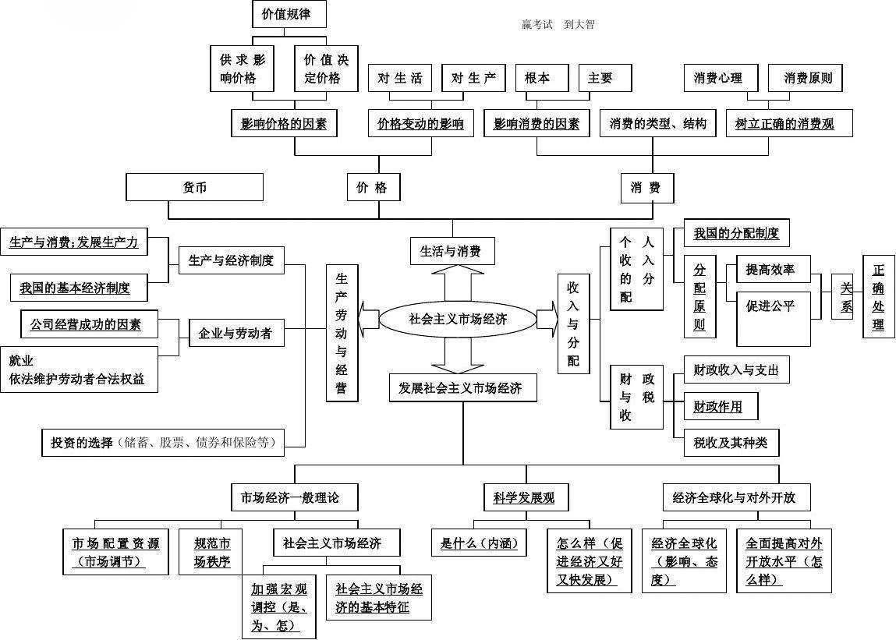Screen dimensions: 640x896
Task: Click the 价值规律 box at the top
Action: point(289,14)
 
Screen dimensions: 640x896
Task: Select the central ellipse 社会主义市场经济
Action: point(458,319)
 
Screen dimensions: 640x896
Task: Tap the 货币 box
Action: point(195,187)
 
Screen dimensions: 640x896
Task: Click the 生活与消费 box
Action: point(452,251)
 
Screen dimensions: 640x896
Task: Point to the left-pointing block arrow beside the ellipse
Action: point(368,319)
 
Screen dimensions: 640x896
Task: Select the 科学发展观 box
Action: point(524,497)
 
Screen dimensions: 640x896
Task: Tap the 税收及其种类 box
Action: point(730,443)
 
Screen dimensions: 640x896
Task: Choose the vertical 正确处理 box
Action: point(878,297)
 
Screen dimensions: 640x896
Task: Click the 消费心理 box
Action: point(717,78)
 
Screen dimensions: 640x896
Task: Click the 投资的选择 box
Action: point(162,443)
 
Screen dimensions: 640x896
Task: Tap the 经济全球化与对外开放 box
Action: point(734,497)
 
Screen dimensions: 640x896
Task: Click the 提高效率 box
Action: point(769,270)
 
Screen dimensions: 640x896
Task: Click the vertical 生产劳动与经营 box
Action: point(342,333)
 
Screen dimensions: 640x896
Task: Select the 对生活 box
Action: point(399,78)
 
